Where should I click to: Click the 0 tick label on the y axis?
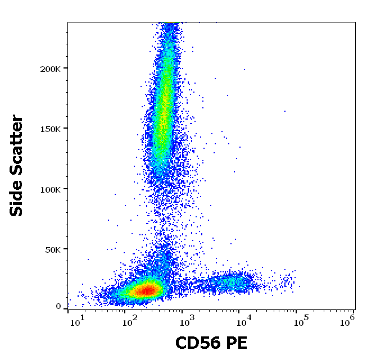58,307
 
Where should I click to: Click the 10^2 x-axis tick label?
131,320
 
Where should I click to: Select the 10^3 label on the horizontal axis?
186,320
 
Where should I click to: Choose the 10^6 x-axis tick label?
347,320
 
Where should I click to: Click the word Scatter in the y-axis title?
17,143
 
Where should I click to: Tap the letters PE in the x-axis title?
235,343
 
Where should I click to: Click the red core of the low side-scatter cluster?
145,290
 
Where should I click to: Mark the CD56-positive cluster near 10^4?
230,282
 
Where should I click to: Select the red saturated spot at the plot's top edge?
170,23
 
